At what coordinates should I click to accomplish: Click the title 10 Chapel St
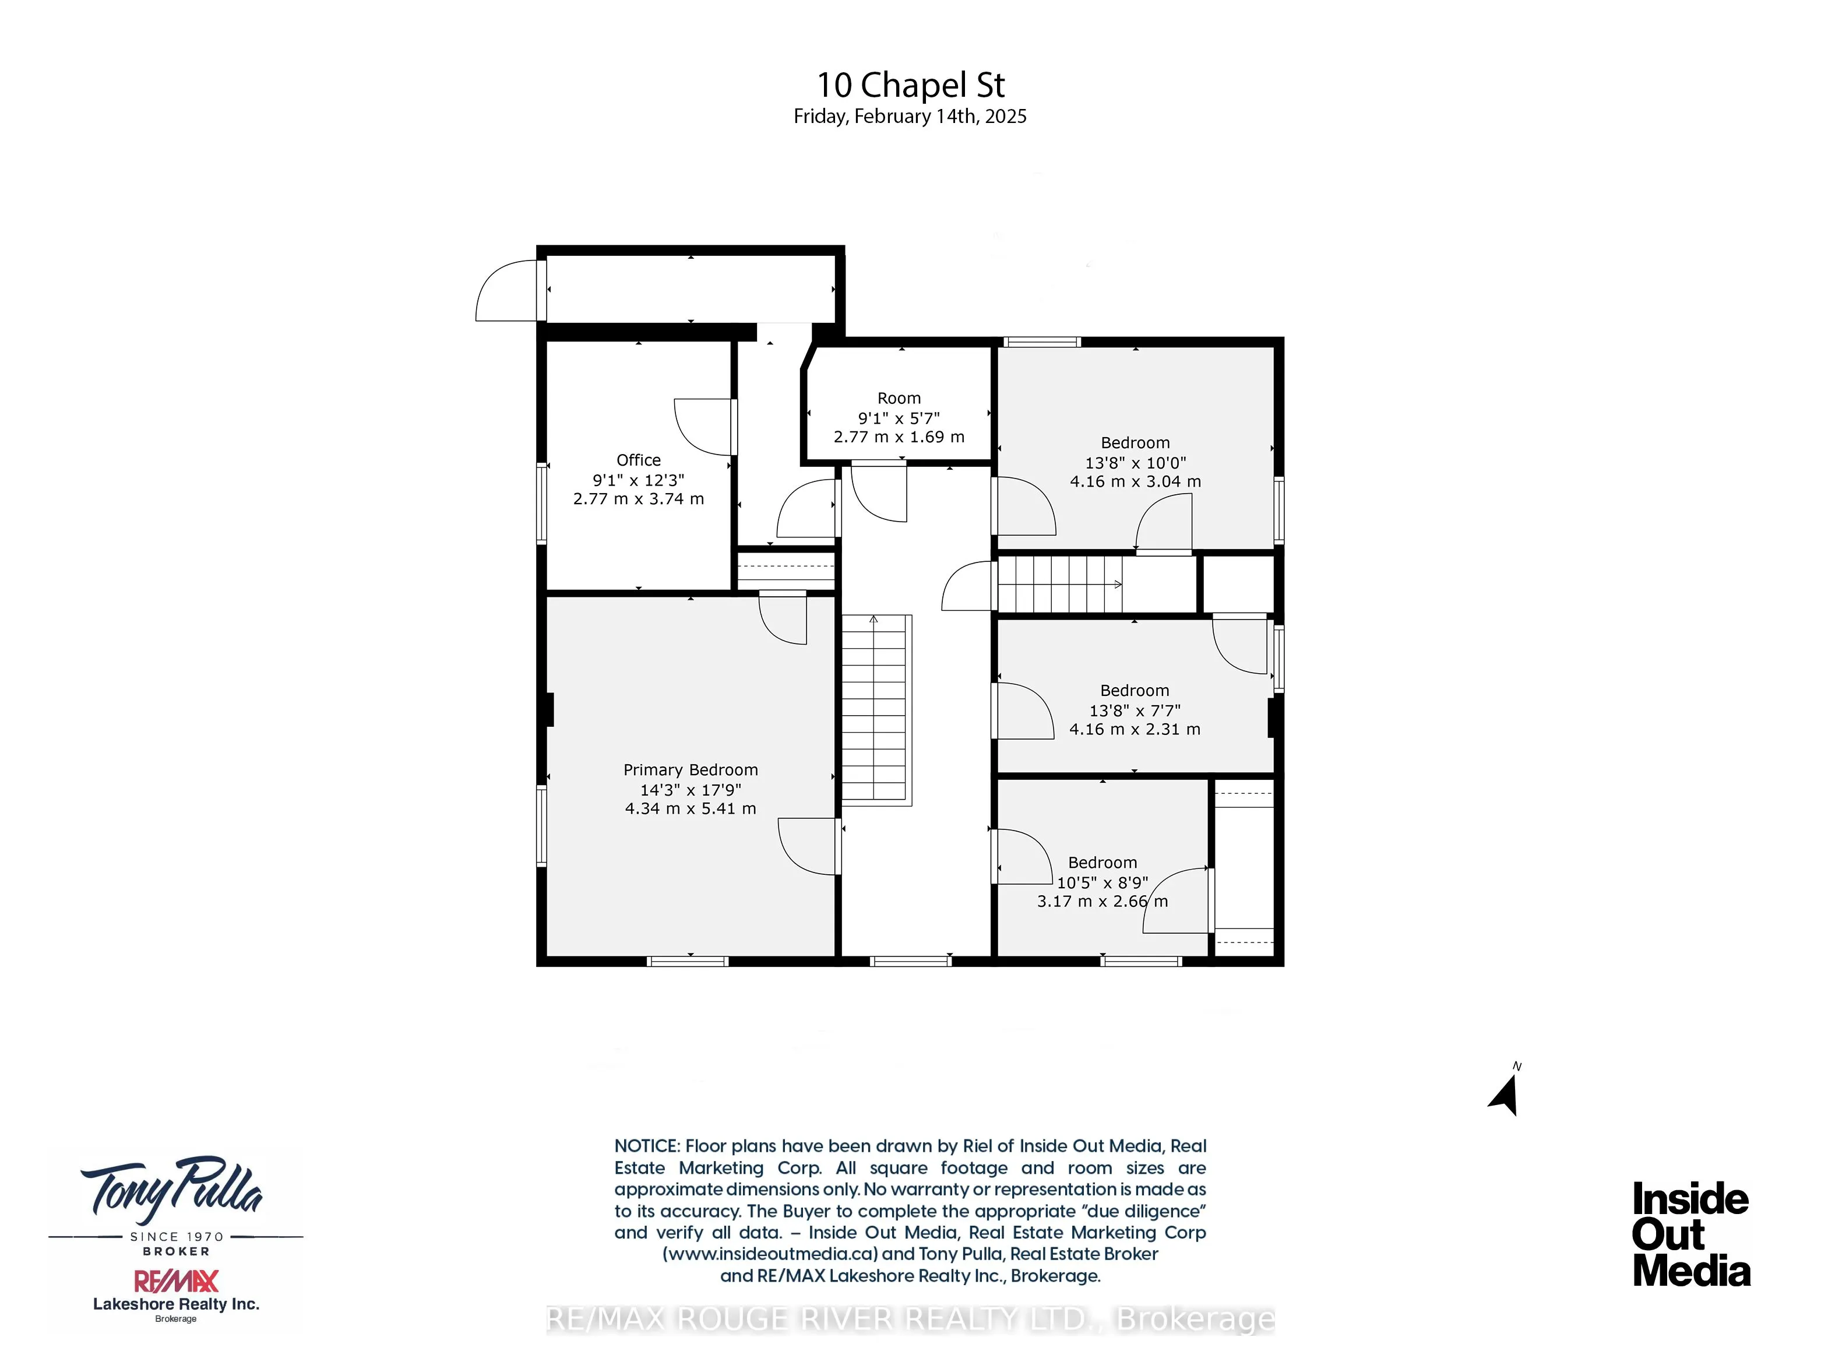click(x=910, y=85)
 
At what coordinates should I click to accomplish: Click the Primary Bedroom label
click(x=690, y=770)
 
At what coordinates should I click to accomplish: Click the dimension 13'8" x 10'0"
click(x=1135, y=463)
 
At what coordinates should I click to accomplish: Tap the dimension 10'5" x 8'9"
click(x=1103, y=882)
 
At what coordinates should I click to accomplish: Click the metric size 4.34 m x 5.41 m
click(x=690, y=808)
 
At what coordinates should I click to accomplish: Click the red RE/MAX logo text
click(x=176, y=1281)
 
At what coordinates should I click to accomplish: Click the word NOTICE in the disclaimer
click(x=647, y=1146)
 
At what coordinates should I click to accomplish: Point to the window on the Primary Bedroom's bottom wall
click(x=688, y=961)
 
